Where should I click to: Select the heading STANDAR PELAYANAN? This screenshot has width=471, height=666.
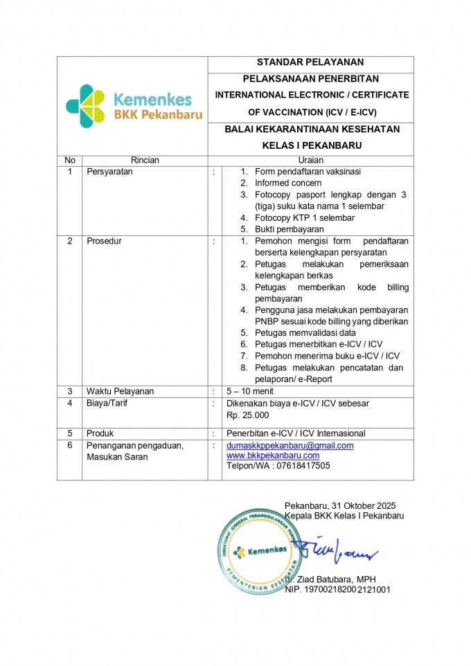coord(310,63)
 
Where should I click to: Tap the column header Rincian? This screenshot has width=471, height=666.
coord(145,160)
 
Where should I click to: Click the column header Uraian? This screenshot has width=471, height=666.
coord(310,160)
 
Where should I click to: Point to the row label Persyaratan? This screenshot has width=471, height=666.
coord(109,172)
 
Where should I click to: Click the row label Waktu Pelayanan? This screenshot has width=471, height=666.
coord(120,391)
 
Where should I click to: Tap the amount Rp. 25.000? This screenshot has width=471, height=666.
coord(248,415)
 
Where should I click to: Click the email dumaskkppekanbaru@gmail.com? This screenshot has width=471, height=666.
coord(290,446)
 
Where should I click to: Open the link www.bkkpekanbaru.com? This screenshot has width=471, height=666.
coord(273,456)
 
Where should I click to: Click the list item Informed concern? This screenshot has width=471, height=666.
coord(288,183)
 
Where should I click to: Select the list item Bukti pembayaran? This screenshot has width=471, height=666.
coord(289,229)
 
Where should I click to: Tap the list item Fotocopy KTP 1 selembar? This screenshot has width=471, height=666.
coord(305,218)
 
